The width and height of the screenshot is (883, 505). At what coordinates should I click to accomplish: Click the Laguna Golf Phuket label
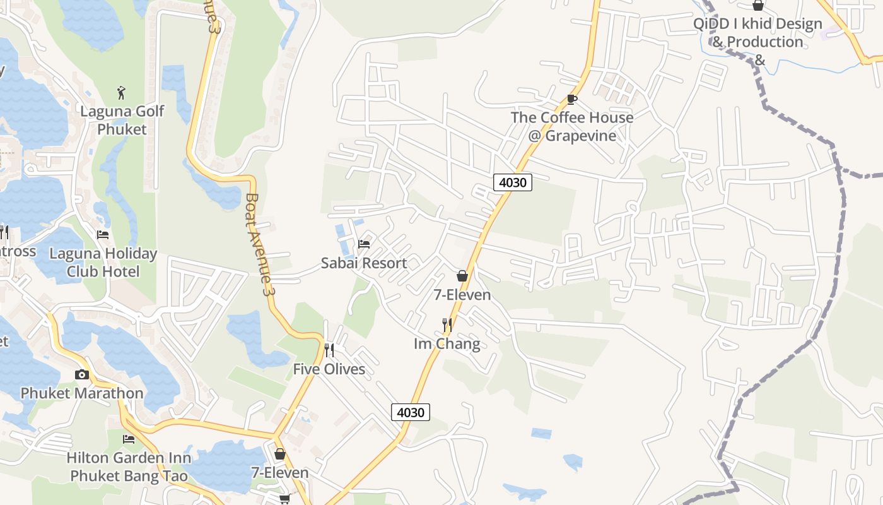click(x=122, y=120)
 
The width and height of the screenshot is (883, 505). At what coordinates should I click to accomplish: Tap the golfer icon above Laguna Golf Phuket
click(x=122, y=93)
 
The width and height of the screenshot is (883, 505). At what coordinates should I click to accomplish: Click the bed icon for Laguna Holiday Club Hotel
click(x=103, y=235)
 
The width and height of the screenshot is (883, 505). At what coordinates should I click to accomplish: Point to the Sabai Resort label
click(x=364, y=263)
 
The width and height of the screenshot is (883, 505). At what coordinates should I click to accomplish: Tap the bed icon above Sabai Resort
click(x=364, y=244)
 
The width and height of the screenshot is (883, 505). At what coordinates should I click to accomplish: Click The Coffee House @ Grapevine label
click(x=572, y=126)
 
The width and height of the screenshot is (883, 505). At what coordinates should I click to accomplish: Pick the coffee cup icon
click(x=572, y=99)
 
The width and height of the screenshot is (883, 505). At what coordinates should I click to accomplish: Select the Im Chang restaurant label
click(x=447, y=344)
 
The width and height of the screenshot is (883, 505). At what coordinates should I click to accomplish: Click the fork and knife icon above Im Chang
click(x=447, y=325)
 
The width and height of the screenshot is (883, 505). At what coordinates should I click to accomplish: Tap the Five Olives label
click(x=329, y=369)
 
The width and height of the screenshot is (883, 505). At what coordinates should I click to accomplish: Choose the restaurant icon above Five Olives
click(x=329, y=350)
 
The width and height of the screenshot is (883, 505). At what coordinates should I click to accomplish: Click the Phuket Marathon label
click(x=82, y=393)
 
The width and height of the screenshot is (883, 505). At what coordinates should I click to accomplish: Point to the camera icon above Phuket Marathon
click(x=82, y=375)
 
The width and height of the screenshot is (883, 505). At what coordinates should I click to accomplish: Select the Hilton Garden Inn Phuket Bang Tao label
click(x=129, y=466)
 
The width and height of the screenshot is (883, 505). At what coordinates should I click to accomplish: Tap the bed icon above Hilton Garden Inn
click(x=129, y=439)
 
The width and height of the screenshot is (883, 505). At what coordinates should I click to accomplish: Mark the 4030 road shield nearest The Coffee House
click(x=512, y=183)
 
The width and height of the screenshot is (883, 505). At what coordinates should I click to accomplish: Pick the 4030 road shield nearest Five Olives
click(x=411, y=412)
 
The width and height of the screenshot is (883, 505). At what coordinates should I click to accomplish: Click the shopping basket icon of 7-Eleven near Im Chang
click(x=462, y=276)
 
